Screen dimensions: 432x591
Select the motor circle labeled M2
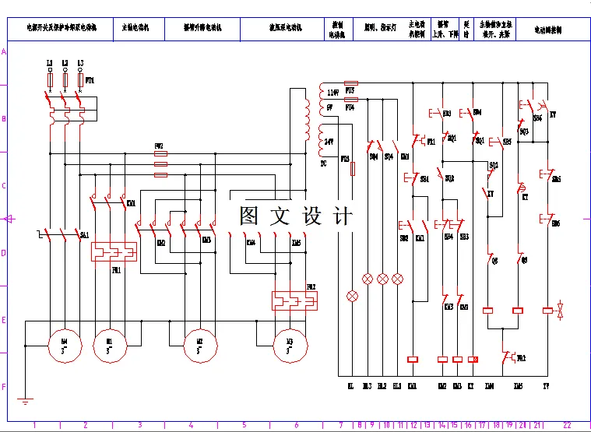point(199,341)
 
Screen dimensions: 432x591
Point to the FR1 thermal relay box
point(114,251)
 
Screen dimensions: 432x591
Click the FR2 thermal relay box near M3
point(294,300)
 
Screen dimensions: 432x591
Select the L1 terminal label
point(50,62)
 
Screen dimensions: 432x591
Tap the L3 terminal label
point(80,62)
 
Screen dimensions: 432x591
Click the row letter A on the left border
point(4,51)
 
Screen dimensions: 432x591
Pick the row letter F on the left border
point(4,387)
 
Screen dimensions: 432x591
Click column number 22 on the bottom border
point(566,425)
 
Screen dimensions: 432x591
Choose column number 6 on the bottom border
point(296,425)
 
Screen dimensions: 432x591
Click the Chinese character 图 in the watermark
point(248,216)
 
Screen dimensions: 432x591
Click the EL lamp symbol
point(351,296)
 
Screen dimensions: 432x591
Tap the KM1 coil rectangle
point(413,359)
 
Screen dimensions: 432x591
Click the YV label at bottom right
point(547,385)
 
